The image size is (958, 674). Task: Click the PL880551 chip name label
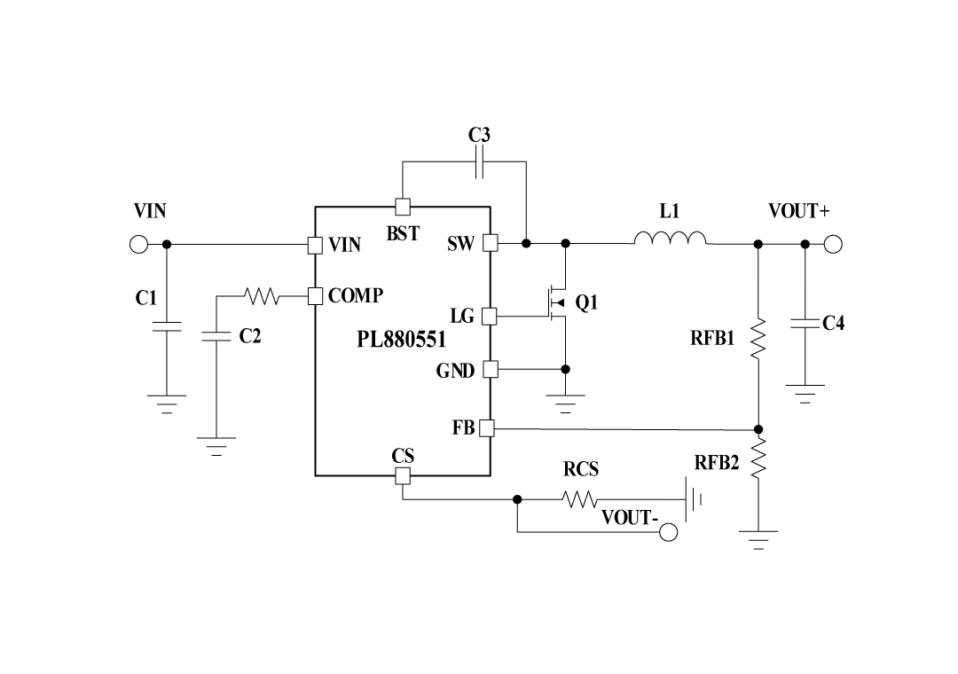tap(401, 340)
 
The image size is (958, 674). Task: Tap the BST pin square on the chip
tap(402, 207)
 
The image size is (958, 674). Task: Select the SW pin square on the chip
tap(490, 243)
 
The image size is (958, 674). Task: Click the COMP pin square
tap(315, 295)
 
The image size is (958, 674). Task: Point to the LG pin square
tap(490, 316)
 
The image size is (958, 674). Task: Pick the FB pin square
tap(487, 428)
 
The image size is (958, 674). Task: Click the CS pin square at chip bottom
tap(402, 476)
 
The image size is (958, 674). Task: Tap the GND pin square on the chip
tap(490, 369)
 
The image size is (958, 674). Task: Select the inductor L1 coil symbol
tap(670, 239)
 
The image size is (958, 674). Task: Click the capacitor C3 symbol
tap(479, 162)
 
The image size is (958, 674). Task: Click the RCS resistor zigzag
tap(581, 500)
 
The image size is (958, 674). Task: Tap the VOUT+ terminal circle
tap(832, 243)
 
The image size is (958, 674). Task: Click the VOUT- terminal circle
tap(669, 532)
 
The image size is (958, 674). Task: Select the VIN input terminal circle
tap(137, 243)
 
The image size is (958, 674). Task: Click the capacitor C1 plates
tap(166, 326)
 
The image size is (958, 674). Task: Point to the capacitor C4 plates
tap(805, 323)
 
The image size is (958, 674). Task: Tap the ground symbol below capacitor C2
tap(216, 442)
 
